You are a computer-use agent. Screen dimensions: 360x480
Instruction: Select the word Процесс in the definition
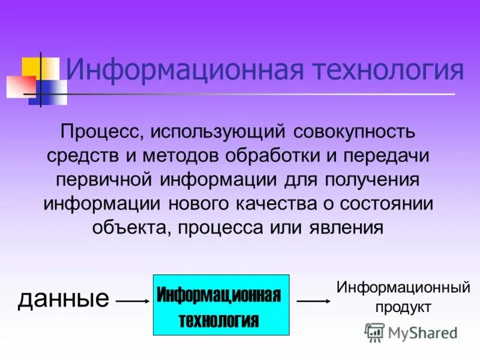point(97,130)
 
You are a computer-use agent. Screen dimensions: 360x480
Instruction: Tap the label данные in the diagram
point(64,298)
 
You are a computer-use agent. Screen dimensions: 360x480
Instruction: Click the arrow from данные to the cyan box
point(131,301)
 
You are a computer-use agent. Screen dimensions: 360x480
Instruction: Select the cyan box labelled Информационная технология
point(221,305)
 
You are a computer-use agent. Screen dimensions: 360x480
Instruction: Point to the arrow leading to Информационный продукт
point(310,301)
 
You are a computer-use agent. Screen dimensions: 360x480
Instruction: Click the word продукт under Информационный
point(403,307)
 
